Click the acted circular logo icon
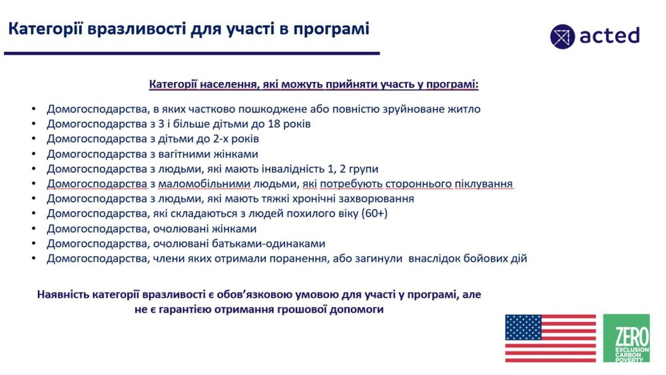[562, 37]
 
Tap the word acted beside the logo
[609, 36]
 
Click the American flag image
[551, 338]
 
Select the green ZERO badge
[627, 338]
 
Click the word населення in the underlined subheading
[229, 84]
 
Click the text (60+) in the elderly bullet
[374, 214]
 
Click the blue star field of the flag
[523, 327]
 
